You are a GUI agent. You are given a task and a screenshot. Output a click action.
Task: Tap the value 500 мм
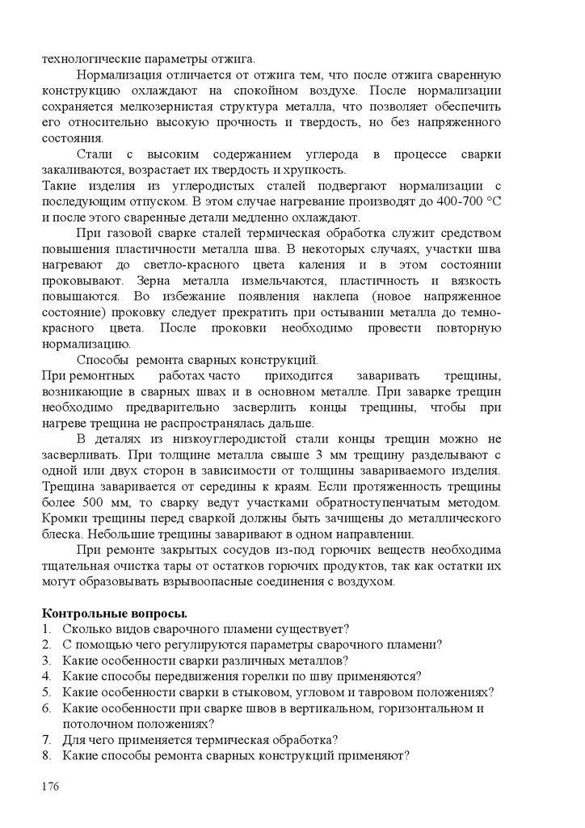pos(109,503)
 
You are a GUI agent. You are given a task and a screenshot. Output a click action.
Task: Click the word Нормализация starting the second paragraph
pos(122,74)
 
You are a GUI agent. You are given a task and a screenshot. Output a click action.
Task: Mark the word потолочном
pos(96,724)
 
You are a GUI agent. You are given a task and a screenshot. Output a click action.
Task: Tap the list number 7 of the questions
pos(46,739)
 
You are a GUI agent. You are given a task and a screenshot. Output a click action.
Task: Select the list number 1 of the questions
pos(46,628)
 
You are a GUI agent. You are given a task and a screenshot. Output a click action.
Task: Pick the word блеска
pos(61,534)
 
